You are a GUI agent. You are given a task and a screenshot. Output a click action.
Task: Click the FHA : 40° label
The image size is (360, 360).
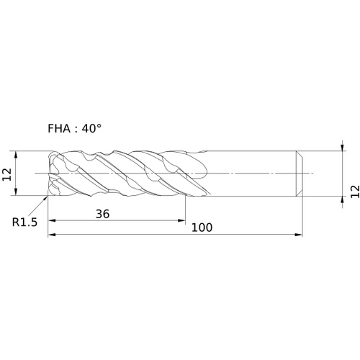[74, 129]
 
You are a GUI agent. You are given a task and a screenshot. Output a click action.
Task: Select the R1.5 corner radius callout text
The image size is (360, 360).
[24, 222]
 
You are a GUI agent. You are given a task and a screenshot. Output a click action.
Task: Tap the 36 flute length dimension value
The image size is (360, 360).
[102, 214]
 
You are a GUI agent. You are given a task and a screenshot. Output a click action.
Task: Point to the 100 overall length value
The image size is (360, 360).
[202, 228]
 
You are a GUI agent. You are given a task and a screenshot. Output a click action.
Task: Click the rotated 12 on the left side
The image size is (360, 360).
[6, 174]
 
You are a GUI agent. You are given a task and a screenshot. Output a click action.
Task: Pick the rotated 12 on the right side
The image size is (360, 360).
[355, 192]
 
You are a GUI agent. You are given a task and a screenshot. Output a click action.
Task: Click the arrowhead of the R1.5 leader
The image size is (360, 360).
[45, 198]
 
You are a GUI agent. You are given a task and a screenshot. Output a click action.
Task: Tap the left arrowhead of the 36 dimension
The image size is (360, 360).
[52, 220]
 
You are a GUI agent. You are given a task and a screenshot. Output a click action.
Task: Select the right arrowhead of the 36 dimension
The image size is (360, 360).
[181, 220]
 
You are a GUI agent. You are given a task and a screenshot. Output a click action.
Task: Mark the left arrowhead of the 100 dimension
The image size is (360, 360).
[52, 235]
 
